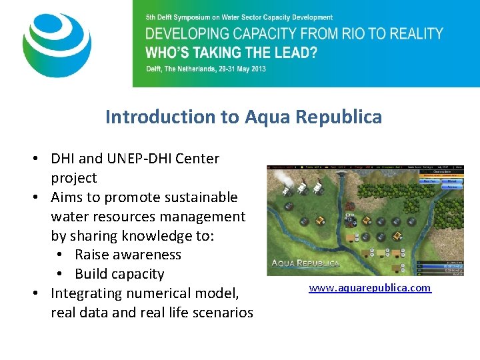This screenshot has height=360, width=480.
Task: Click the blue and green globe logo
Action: (57, 45)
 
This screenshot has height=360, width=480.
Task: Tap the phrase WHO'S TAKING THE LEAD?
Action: (231, 53)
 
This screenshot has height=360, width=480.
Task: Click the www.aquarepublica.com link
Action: (369, 288)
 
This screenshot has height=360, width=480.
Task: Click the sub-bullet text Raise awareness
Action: (128, 255)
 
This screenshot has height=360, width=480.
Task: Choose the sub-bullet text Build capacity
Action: (119, 274)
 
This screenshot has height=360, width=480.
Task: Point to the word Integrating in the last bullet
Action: (89, 293)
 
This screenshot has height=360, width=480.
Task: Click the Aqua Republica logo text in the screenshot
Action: (305, 263)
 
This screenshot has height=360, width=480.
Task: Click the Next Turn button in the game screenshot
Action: (428, 181)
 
